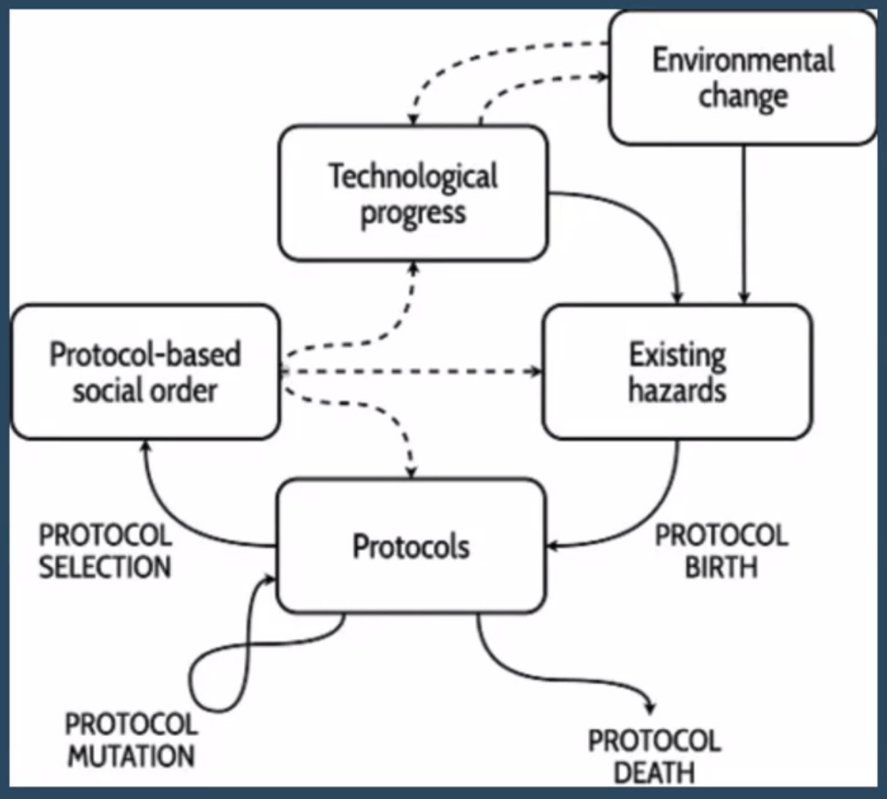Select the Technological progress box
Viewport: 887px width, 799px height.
[x=413, y=193]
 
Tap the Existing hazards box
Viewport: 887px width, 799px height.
[x=677, y=372]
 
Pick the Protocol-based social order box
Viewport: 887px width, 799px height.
[x=144, y=372]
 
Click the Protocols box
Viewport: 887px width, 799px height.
[x=411, y=547]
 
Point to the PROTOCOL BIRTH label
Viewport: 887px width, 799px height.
[x=721, y=551]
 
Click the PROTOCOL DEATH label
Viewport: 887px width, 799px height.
[x=654, y=756]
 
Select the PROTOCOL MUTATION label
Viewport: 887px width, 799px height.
[x=131, y=740]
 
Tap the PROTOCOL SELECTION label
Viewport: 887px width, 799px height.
[x=105, y=551]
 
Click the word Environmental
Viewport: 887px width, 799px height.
[x=743, y=60]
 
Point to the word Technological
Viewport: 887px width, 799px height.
[x=413, y=176]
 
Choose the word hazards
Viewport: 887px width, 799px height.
[x=677, y=391]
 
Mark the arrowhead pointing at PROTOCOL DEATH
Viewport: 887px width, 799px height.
[x=650, y=707]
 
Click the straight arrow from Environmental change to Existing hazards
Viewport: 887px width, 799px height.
[x=744, y=222]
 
